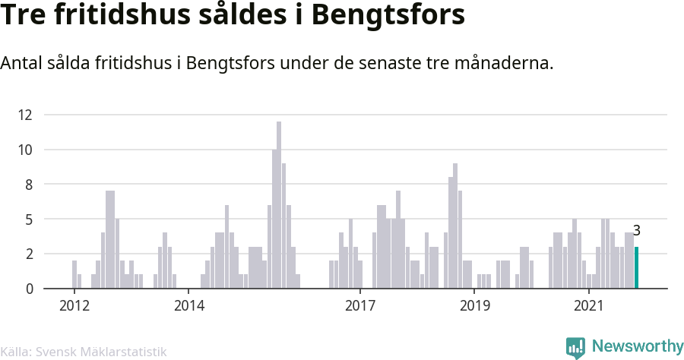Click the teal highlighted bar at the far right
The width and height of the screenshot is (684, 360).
point(636,267)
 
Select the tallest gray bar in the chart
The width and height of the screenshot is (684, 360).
point(279,205)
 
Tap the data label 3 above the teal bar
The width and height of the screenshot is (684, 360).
point(636,231)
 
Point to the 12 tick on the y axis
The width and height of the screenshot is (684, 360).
point(25,115)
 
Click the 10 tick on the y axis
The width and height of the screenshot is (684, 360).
point(25,150)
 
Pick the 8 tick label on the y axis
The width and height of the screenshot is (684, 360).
point(29,185)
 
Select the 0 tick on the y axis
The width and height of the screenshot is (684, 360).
point(29,289)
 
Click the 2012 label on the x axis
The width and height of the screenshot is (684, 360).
point(74,305)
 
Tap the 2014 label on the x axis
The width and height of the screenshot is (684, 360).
point(189,305)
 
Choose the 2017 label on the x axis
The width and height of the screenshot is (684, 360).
point(360,305)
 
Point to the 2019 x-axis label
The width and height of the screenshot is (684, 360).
point(474,305)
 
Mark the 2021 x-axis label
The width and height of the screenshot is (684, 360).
point(588,305)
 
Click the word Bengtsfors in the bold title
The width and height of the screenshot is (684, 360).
point(388,16)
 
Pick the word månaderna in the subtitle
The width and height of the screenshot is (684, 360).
point(504,63)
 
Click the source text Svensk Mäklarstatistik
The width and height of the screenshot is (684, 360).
point(101,352)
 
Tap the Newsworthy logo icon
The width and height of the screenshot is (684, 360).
point(575,348)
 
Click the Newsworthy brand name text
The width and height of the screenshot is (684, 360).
point(638,346)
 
